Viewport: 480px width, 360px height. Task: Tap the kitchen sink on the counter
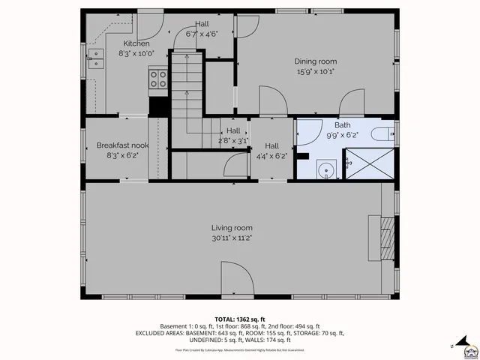coord(97,58)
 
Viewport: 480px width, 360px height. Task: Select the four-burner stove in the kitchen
coord(158,78)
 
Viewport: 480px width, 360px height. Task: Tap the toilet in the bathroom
coord(380,135)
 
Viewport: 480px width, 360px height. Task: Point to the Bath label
coord(342,125)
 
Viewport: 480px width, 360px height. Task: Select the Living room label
coord(231,228)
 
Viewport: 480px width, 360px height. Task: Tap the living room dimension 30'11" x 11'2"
coord(231,238)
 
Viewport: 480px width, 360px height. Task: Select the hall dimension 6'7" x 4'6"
coord(202,34)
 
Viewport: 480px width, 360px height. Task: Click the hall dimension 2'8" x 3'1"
coord(233,139)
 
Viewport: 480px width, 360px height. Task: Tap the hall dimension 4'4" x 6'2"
coord(271,156)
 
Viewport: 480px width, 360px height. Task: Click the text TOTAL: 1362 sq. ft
coord(239,319)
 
